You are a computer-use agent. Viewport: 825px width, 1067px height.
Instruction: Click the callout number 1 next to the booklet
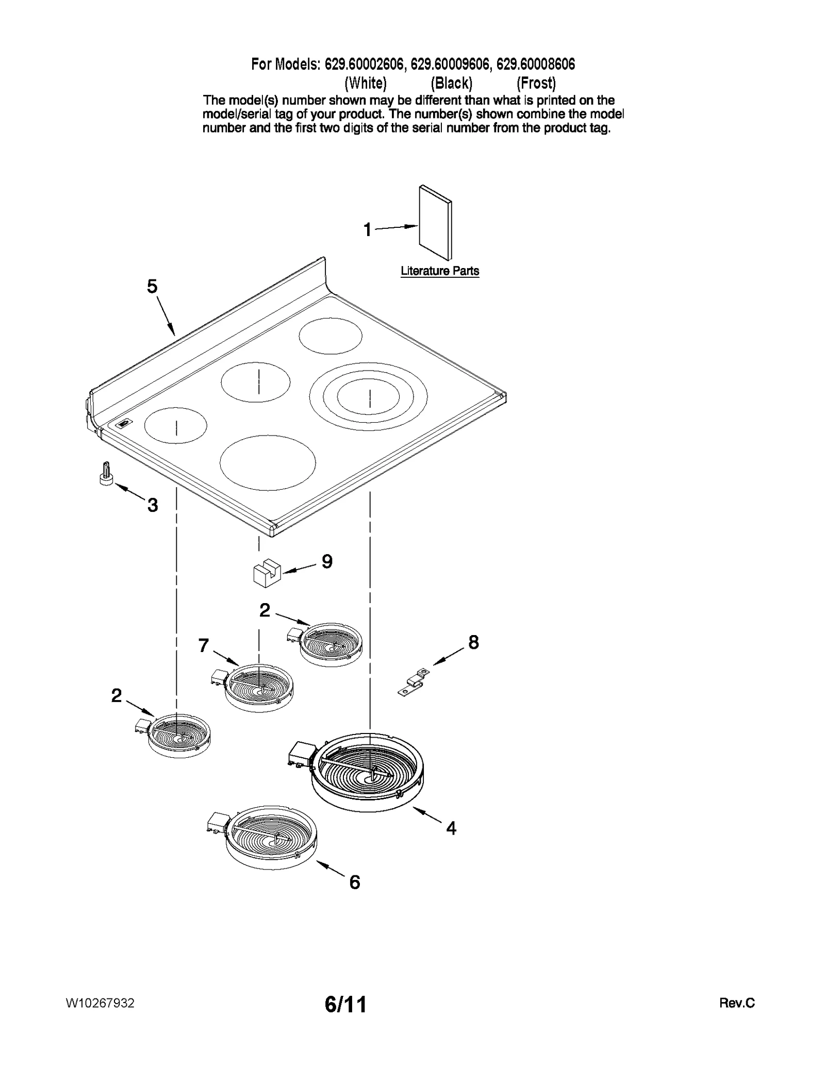coord(367,230)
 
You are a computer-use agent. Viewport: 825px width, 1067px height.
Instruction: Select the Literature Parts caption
coord(440,271)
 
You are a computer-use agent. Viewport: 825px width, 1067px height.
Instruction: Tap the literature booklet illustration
coord(436,222)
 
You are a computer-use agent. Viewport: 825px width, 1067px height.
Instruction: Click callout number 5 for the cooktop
coord(152,287)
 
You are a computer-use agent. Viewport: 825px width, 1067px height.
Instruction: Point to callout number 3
coord(153,505)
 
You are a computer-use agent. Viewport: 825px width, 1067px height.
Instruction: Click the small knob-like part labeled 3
coord(106,474)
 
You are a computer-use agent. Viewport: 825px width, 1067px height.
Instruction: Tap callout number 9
coord(327,561)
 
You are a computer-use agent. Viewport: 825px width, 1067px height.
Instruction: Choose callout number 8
coord(473,642)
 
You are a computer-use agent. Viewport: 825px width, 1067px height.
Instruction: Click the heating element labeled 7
coord(259,688)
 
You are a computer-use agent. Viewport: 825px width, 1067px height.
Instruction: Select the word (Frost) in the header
coord(536,83)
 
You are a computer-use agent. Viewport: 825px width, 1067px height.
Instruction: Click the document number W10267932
coord(101,1003)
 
